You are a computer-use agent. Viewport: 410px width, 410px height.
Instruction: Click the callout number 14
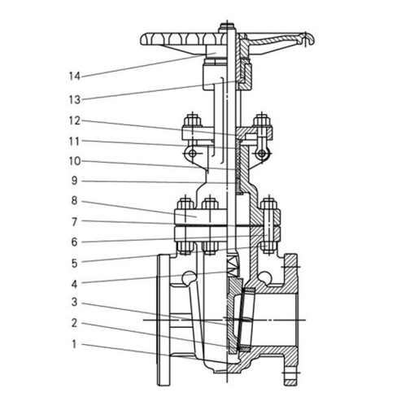pyautogui.click(x=75, y=76)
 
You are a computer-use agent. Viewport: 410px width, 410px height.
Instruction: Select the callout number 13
pyautogui.click(x=75, y=100)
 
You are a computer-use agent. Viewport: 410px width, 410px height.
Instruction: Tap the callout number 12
pyautogui.click(x=75, y=121)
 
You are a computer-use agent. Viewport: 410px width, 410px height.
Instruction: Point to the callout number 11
pyautogui.click(x=75, y=142)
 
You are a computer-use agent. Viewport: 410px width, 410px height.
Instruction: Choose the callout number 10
pyautogui.click(x=75, y=161)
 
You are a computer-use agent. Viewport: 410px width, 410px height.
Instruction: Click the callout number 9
pyautogui.click(x=75, y=181)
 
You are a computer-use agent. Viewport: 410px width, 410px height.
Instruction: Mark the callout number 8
pyautogui.click(x=75, y=201)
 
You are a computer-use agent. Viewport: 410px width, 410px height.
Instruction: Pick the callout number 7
pyautogui.click(x=75, y=222)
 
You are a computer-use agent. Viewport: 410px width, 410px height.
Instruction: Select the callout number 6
pyautogui.click(x=75, y=242)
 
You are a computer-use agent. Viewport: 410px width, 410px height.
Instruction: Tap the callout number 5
pyautogui.click(x=75, y=264)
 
